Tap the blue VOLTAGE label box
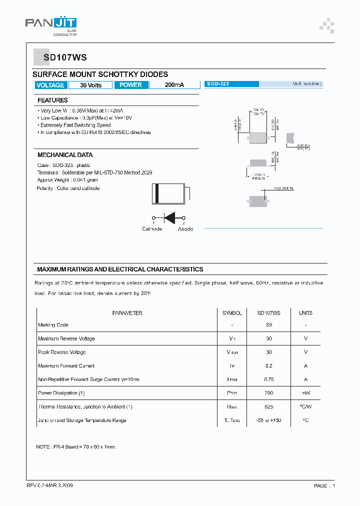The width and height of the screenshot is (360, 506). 50,85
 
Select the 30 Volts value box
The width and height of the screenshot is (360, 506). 90,85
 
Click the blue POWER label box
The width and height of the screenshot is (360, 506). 131,85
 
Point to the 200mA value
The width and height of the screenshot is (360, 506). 174,85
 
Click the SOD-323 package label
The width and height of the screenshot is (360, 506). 218,84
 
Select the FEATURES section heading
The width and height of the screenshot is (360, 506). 52,100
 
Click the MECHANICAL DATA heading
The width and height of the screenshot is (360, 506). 65,155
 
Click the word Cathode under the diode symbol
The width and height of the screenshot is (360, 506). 152,229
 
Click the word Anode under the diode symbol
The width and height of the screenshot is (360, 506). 185,229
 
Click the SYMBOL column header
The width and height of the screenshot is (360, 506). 232,313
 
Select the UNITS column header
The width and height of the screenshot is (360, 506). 305,313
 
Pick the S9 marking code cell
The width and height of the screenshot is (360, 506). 269,325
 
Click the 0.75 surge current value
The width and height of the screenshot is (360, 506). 269,379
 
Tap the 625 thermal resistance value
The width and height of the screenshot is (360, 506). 269,407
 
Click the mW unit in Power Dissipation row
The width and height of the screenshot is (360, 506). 305,393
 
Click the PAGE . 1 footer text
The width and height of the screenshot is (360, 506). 324,485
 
